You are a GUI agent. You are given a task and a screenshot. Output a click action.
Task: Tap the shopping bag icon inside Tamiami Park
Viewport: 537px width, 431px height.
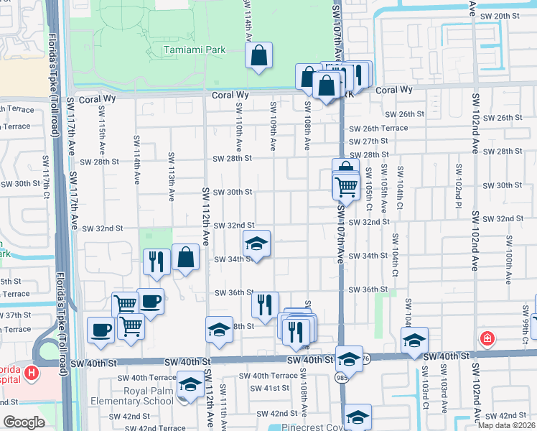(x=258, y=55)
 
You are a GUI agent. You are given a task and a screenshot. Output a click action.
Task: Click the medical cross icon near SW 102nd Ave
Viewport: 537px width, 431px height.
(x=488, y=337)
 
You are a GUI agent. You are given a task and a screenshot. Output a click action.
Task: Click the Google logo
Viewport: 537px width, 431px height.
(x=24, y=423)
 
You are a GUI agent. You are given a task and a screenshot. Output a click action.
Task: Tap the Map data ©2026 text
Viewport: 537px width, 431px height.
(x=507, y=425)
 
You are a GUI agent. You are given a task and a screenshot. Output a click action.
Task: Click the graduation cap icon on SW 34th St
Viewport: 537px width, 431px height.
(x=256, y=244)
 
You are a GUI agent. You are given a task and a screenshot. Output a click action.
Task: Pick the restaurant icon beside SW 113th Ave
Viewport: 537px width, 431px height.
(x=157, y=261)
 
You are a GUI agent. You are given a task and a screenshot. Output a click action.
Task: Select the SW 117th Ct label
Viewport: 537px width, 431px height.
(x=46, y=186)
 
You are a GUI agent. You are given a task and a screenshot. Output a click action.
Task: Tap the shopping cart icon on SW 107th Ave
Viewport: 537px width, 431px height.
(x=347, y=187)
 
